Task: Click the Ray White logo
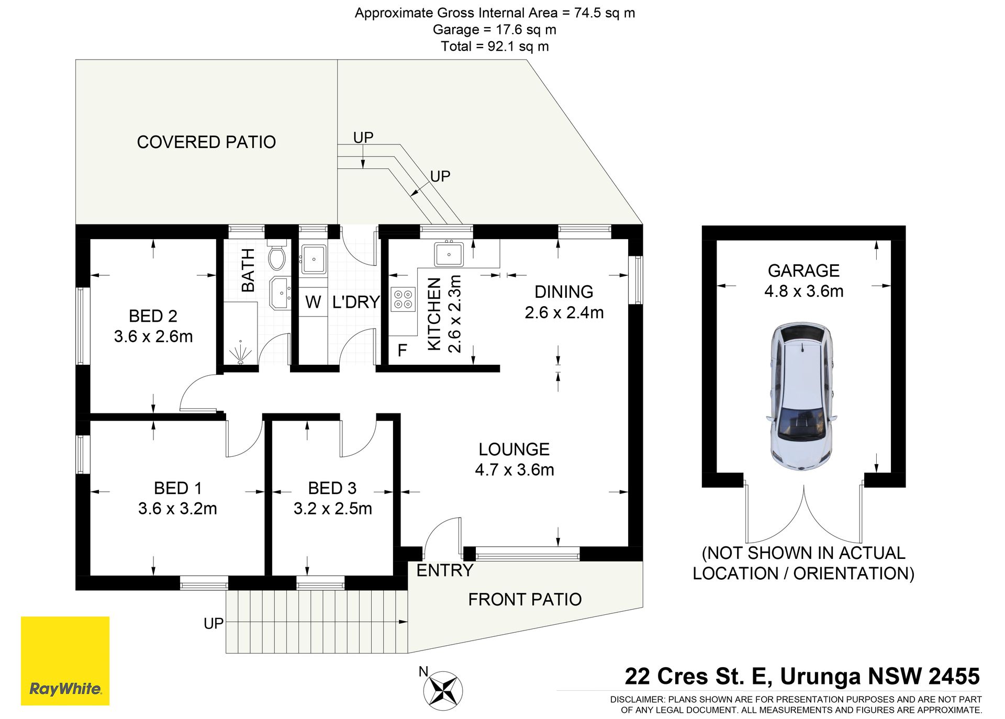point(65,660)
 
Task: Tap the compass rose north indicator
point(442,690)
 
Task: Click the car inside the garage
point(801,396)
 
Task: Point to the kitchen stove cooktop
point(403,299)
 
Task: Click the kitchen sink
point(449,254)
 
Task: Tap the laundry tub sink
point(314,259)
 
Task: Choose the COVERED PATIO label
point(206,142)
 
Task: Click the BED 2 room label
point(153,316)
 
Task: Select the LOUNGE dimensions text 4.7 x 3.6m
point(515,469)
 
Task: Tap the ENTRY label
point(445,570)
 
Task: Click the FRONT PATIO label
point(525,599)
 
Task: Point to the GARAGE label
point(803,271)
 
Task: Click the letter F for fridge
point(402,350)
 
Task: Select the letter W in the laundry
point(313,302)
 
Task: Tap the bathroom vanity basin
point(280,293)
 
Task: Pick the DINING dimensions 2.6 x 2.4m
point(564,312)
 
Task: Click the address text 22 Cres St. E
point(699,676)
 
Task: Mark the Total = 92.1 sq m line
point(495,46)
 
